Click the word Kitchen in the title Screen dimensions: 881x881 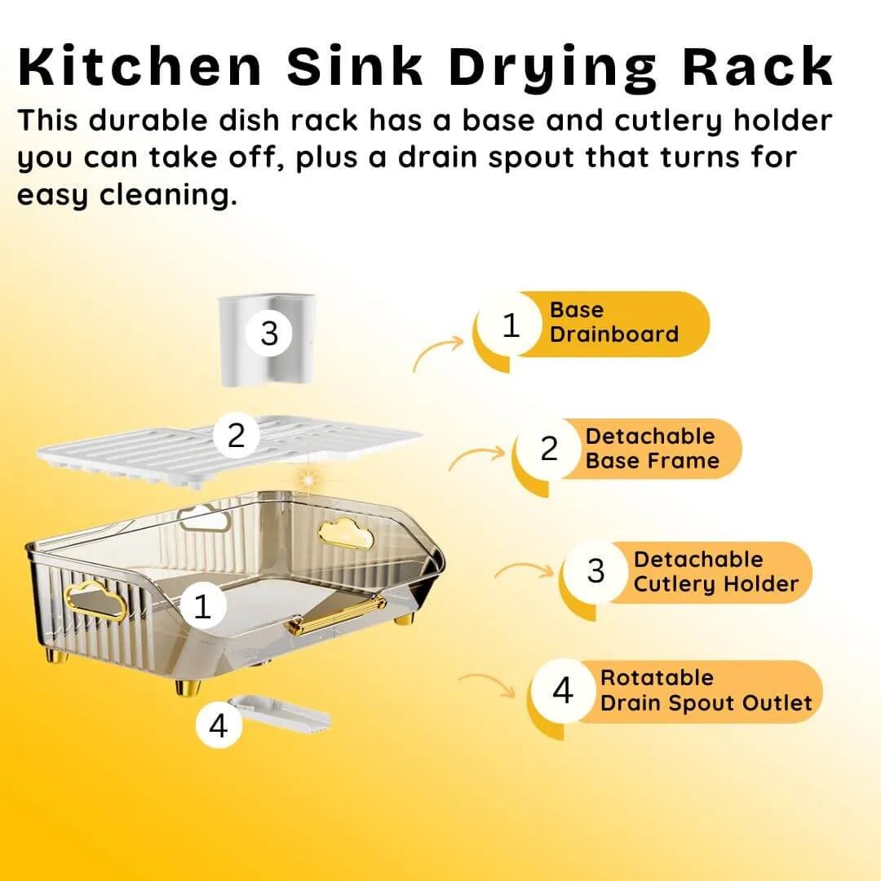tap(140, 67)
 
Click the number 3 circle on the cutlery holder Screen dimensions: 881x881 tap(269, 333)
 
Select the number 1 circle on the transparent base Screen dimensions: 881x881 tap(202, 606)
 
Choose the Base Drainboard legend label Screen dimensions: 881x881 tap(613, 322)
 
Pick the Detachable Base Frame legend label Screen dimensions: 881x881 tap(652, 449)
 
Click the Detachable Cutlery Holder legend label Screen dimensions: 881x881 tap(716, 571)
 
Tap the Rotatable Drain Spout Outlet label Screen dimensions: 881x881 tap(706, 690)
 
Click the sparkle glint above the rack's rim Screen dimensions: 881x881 tap(308, 480)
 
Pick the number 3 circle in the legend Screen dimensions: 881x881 tap(595, 571)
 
